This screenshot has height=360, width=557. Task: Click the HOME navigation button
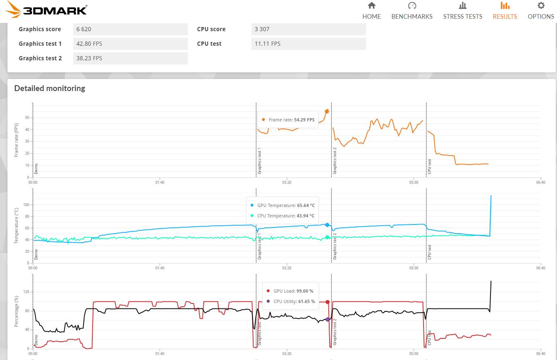371,11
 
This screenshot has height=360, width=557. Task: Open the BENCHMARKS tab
412,11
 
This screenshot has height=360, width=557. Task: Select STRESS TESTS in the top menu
463,11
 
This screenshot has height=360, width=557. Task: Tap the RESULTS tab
505,11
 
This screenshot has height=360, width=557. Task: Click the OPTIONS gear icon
541,6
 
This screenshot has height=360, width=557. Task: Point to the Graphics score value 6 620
84,29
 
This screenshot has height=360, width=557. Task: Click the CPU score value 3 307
262,29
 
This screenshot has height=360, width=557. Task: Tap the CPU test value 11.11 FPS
268,44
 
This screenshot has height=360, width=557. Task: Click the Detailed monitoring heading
49,88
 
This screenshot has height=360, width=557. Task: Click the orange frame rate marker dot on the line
327,111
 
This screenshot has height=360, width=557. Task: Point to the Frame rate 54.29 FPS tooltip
288,120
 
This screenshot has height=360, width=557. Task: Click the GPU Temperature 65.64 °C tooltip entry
283,205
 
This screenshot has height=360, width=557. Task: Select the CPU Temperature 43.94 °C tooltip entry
283,216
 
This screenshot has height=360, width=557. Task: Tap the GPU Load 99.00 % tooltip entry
290,291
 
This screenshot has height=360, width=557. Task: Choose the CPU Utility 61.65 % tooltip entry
291,301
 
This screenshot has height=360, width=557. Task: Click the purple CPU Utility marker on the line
328,319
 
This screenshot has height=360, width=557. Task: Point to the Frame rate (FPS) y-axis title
17,140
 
